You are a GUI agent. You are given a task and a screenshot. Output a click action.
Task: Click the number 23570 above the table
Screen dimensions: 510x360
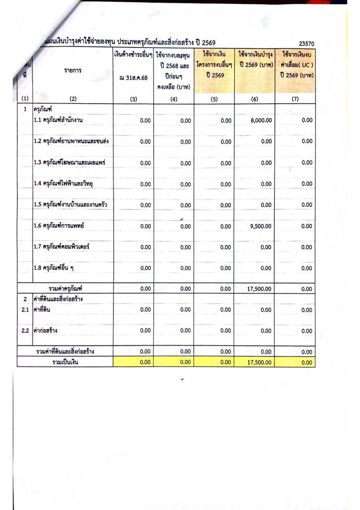point(306,44)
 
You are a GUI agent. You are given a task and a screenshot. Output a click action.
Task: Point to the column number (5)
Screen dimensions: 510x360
point(214,99)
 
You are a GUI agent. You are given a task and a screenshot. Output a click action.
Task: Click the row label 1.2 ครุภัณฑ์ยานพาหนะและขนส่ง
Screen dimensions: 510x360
point(72,141)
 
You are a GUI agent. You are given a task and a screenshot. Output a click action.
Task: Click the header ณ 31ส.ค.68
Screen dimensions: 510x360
point(134,77)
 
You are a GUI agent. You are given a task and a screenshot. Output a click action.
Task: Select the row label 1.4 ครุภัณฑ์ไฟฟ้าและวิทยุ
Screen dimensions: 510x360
point(64,183)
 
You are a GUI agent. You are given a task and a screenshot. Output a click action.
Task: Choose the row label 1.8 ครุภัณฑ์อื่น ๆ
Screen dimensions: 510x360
point(53,268)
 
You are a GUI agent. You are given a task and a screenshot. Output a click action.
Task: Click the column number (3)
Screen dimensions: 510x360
point(134,99)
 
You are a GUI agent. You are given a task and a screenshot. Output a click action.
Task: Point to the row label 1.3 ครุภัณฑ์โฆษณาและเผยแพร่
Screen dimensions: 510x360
point(68,162)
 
